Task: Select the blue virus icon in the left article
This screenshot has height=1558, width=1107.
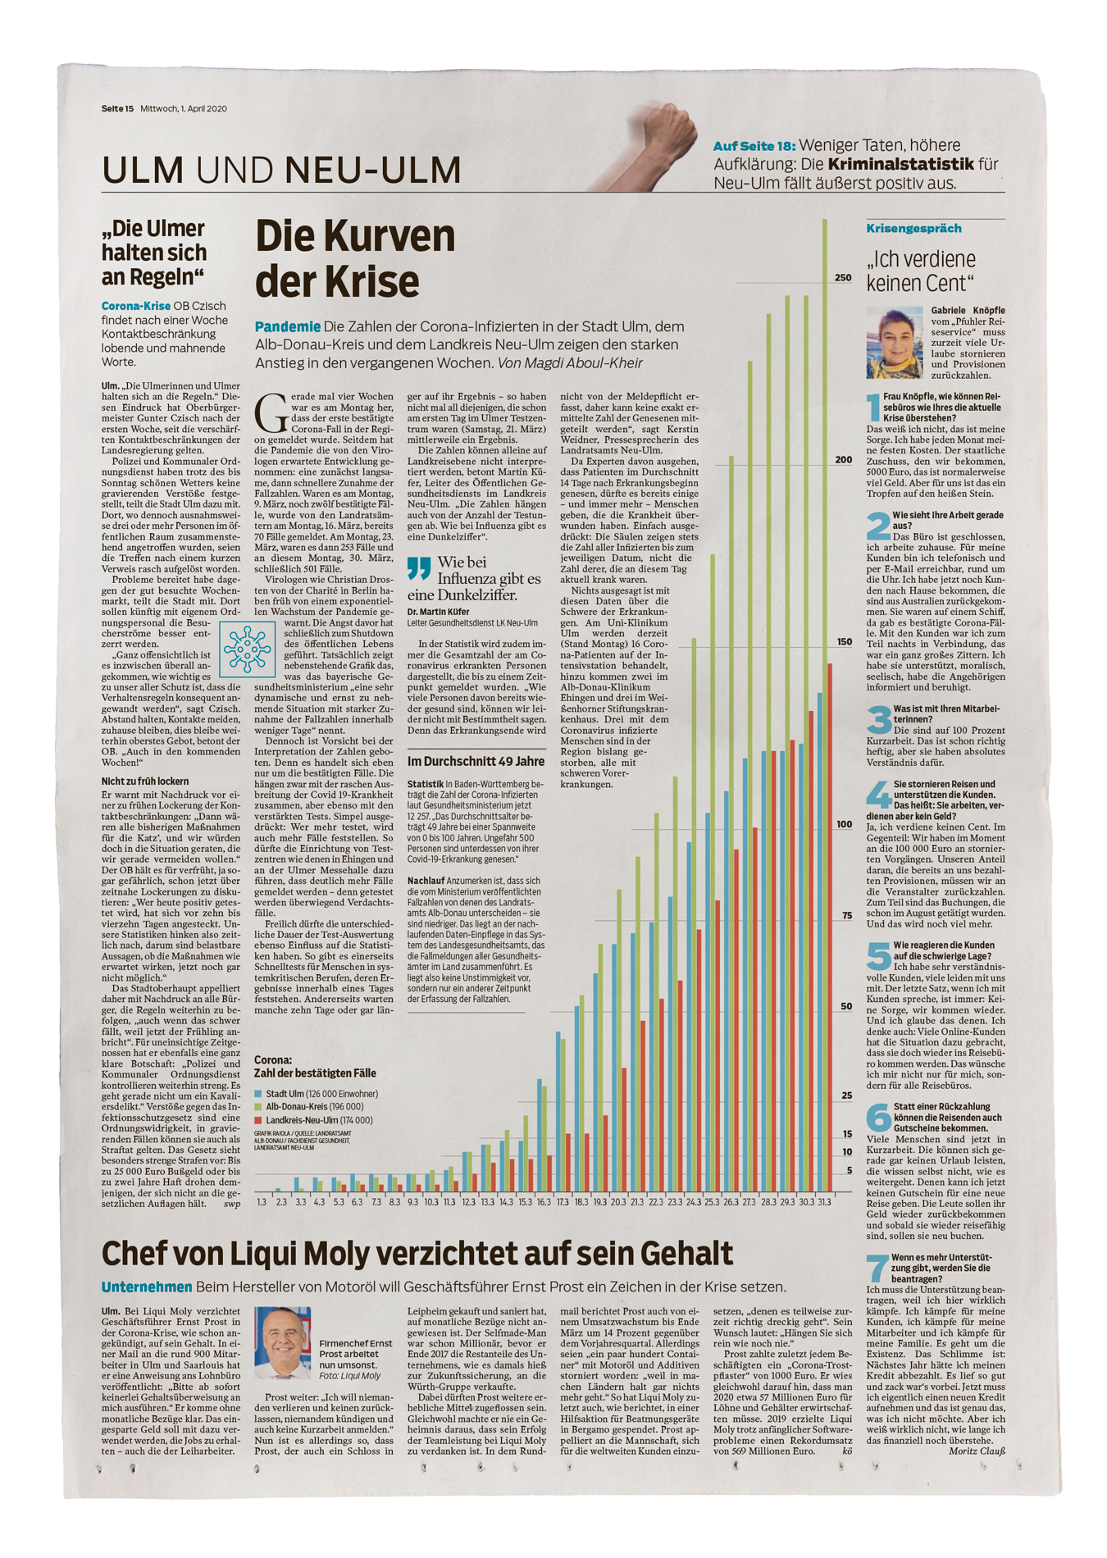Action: pyautogui.click(x=247, y=649)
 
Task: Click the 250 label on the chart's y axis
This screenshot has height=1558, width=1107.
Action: pyautogui.click(x=843, y=278)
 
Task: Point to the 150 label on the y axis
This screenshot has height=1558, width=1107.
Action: pyautogui.click(x=843, y=642)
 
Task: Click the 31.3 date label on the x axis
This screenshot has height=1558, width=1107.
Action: pyautogui.click(x=824, y=1202)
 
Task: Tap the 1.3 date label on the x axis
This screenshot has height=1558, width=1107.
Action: pyautogui.click(x=262, y=1202)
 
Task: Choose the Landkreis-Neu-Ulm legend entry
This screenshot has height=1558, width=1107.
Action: pyautogui.click(x=313, y=1120)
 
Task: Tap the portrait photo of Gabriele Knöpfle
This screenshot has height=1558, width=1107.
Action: pyautogui.click(x=895, y=343)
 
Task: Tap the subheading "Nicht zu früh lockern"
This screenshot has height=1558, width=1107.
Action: pyautogui.click(x=145, y=781)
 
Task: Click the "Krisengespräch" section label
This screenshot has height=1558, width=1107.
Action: pyautogui.click(x=913, y=229)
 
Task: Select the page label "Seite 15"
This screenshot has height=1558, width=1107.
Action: pyautogui.click(x=117, y=108)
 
